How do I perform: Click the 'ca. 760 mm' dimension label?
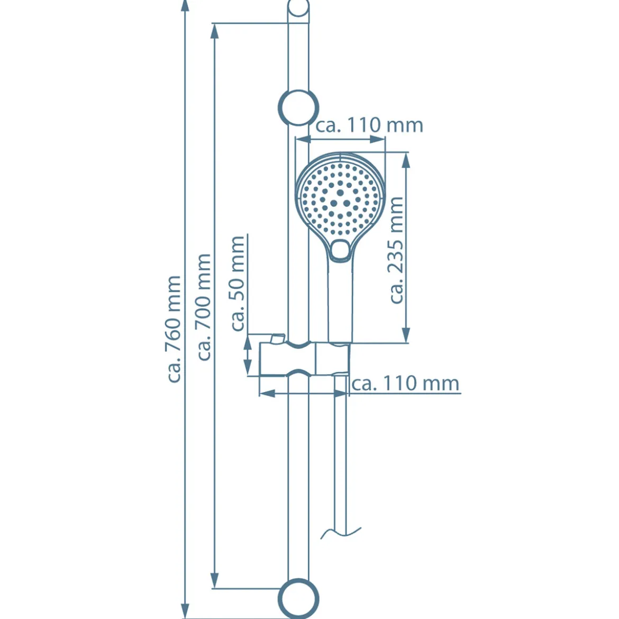click(174, 329)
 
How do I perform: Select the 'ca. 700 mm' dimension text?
click(204, 307)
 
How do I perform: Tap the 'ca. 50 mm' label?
click(238, 284)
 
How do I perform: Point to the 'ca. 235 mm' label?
click(396, 250)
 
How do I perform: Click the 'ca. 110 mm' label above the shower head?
click(369, 125)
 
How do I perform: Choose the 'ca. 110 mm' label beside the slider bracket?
click(405, 384)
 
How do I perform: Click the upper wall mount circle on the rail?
click(298, 107)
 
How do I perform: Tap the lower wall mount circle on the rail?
click(298, 598)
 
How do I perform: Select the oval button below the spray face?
click(340, 250)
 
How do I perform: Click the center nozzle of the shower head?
click(340, 193)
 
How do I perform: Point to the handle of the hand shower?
click(340, 300)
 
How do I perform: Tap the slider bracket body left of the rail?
click(273, 359)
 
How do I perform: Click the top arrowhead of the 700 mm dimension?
click(214, 31)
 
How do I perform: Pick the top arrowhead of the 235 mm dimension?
click(405, 160)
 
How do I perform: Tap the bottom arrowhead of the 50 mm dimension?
click(248, 368)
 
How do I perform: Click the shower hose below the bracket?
click(340, 454)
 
